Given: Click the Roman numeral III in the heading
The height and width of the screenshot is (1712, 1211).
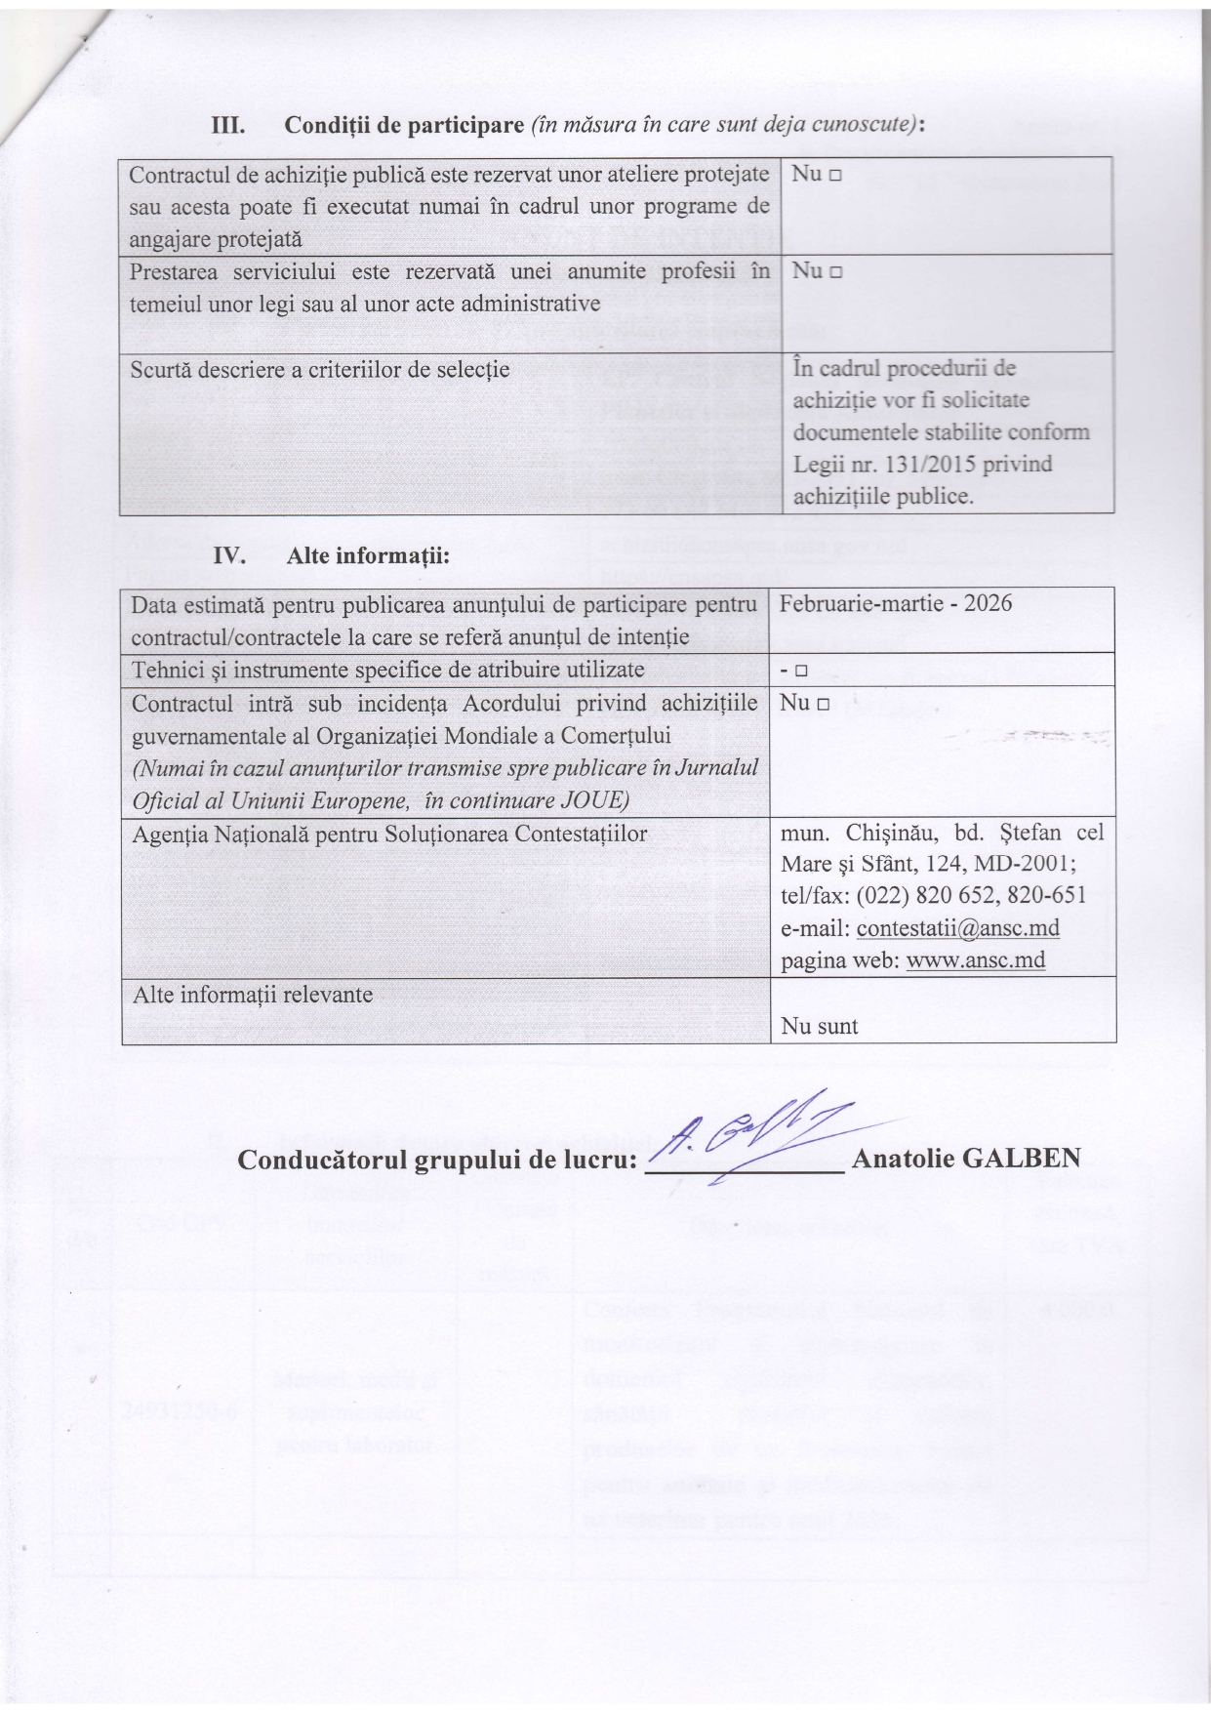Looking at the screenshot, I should [228, 127].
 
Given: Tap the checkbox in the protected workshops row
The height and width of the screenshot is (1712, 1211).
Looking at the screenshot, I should [835, 175].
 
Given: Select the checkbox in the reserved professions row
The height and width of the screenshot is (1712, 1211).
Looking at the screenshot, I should [835, 272].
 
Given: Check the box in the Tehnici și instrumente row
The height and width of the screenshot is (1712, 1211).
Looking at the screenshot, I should [799, 672].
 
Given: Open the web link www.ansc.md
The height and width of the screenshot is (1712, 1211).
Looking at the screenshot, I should [976, 960].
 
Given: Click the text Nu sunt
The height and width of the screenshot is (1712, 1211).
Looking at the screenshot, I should [820, 1026].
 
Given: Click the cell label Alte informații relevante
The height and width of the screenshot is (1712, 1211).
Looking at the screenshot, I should [253, 995].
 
